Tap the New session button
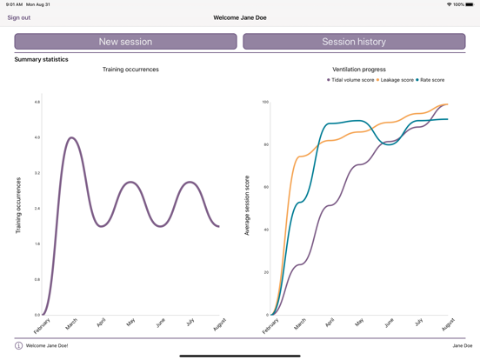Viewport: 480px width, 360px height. (x=125, y=42)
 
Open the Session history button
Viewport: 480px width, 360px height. (x=354, y=42)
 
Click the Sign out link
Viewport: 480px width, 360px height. (x=18, y=17)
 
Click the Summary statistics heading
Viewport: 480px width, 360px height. (x=41, y=59)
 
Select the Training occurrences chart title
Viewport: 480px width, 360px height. (x=130, y=70)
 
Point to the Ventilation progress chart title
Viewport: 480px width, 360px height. (x=359, y=70)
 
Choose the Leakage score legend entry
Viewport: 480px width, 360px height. (x=396, y=80)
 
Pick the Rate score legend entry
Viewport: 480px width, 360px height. (x=430, y=80)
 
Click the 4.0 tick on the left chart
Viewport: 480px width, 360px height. (x=37, y=137)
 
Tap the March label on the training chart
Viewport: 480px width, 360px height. (x=71, y=324)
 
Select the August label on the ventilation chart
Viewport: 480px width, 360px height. (x=448, y=324)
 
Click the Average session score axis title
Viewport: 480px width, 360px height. (x=247, y=210)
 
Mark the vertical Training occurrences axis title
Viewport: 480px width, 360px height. (x=18, y=206)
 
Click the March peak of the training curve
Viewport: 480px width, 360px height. (x=71, y=137)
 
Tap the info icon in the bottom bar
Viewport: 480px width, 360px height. (x=18, y=345)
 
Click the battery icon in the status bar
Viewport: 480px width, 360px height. (x=470, y=4)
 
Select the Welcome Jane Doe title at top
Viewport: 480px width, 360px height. (x=240, y=17)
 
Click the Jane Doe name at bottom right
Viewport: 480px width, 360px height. (x=462, y=345)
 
